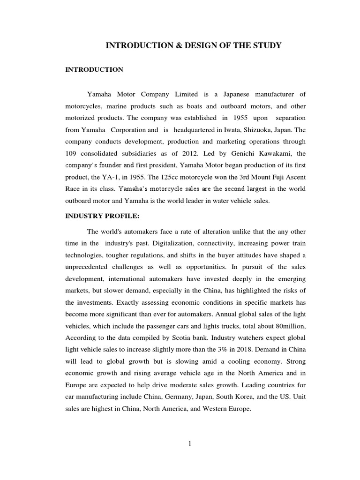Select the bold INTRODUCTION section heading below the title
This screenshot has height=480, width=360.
pyautogui.click(x=94, y=70)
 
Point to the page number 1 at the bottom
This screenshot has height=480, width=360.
pyautogui.click(x=190, y=444)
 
